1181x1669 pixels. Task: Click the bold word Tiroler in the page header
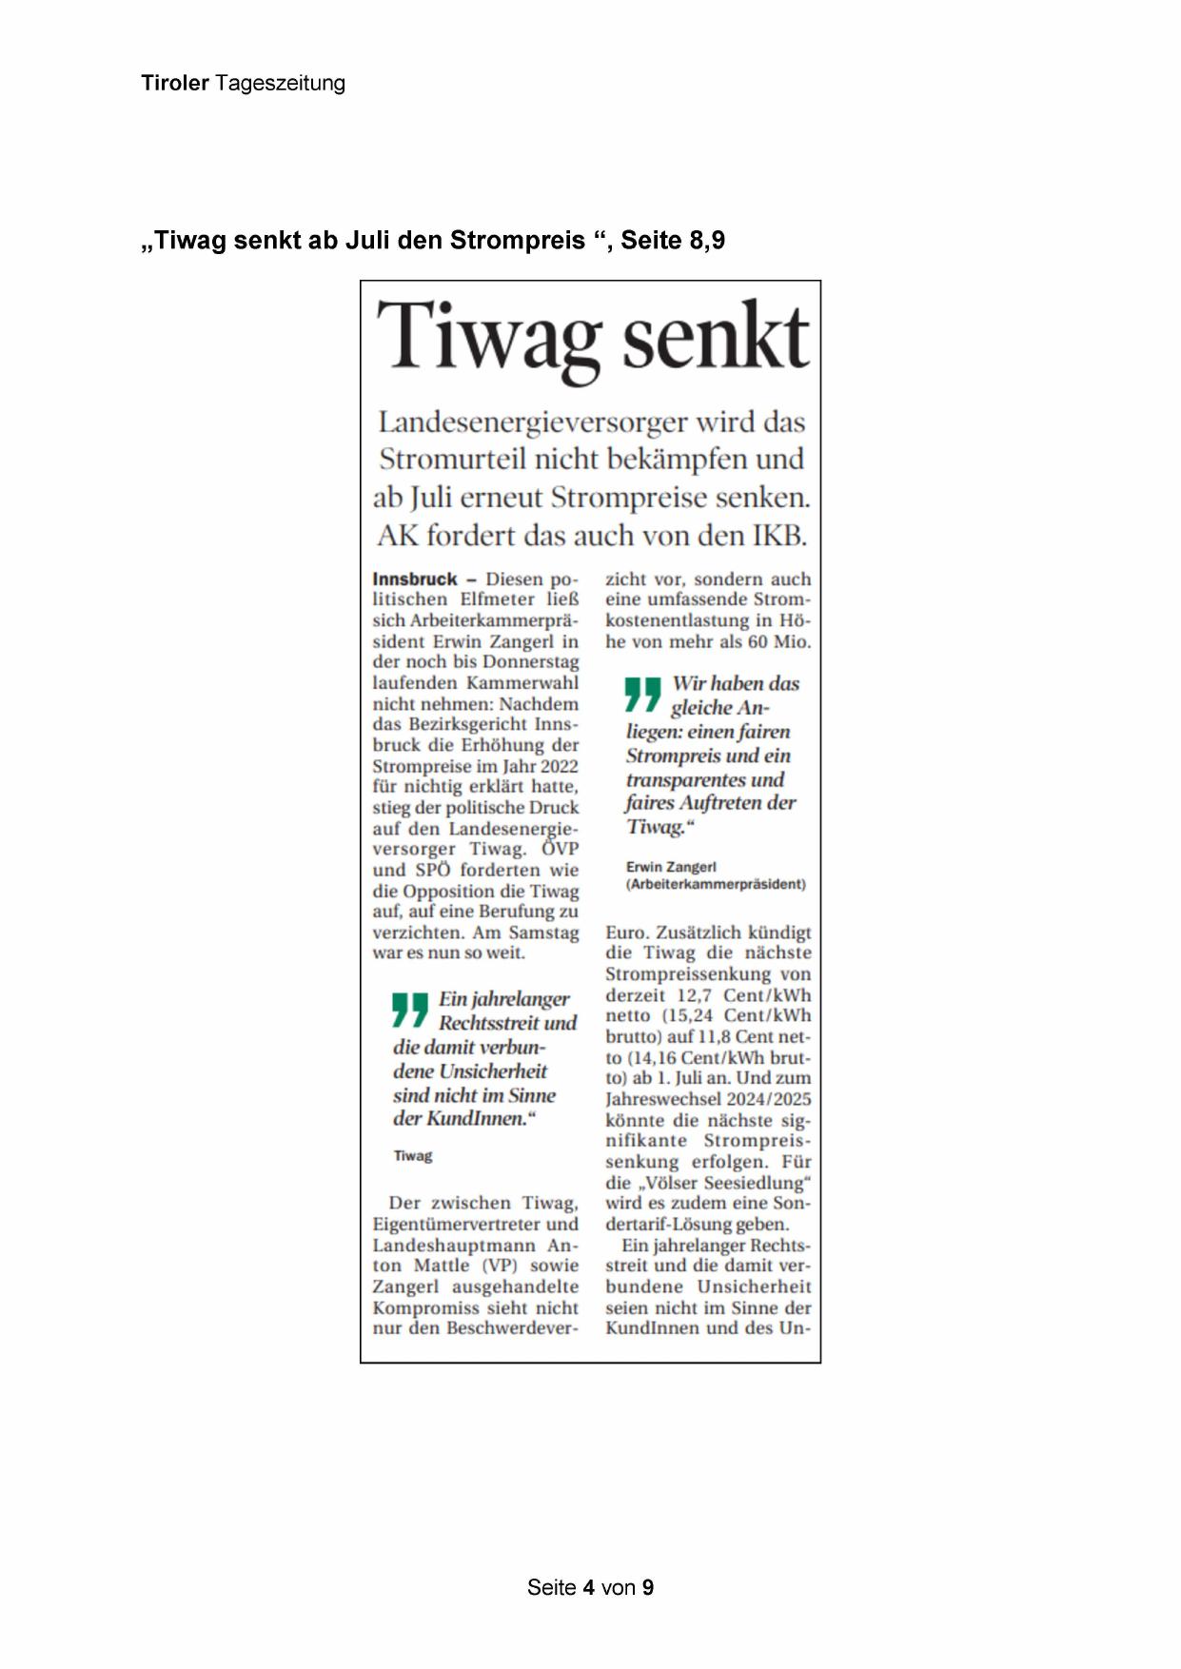coord(175,83)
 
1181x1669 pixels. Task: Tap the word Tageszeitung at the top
coord(280,84)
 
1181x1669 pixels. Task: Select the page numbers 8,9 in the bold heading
coord(704,241)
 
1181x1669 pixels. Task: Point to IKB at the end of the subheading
coord(778,536)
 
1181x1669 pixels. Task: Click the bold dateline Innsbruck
coord(415,579)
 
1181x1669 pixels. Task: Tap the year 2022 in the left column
coord(559,766)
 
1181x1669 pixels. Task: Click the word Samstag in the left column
coord(543,933)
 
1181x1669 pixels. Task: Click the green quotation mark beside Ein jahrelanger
coord(410,1010)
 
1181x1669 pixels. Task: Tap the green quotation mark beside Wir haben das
coord(642,694)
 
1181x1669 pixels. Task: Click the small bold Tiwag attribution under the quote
coord(413,1156)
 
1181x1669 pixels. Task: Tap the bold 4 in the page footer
coord(589,1587)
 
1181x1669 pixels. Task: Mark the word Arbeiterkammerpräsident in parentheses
coord(716,884)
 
